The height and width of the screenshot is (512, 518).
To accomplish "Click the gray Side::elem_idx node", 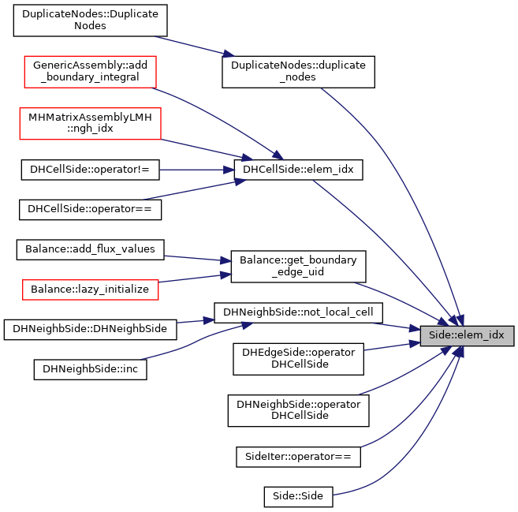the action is pyautogui.click(x=467, y=336).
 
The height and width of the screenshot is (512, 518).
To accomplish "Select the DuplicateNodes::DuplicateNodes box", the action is pyautogui.click(x=90, y=21).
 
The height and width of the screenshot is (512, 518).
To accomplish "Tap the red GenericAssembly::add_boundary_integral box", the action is pyautogui.click(x=90, y=72).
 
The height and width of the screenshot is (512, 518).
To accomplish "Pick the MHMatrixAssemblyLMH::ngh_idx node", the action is pyautogui.click(x=90, y=123).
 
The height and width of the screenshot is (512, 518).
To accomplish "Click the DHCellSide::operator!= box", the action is pyautogui.click(x=90, y=170).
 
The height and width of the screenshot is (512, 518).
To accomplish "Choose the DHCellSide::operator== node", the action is pyautogui.click(x=90, y=210).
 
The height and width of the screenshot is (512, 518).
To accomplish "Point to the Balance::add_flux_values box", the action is pyautogui.click(x=90, y=250).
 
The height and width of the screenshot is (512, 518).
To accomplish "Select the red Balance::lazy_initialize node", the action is pyautogui.click(x=90, y=290).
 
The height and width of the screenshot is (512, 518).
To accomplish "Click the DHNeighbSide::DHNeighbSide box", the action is pyautogui.click(x=90, y=330).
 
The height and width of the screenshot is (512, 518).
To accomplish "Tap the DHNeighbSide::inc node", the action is pyautogui.click(x=90, y=369).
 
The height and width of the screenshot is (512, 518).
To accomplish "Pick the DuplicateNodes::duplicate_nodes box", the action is pyautogui.click(x=298, y=72).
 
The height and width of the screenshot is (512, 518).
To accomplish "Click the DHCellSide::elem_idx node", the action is pyautogui.click(x=298, y=170).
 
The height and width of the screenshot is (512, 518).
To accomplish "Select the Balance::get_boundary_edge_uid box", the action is pyautogui.click(x=298, y=267).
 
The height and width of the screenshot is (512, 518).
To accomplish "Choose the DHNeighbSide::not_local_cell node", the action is pyautogui.click(x=298, y=313).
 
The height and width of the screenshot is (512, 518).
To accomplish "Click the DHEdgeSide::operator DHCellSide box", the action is pyautogui.click(x=298, y=359).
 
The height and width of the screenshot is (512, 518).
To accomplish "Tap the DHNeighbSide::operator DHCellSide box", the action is pyautogui.click(x=298, y=410).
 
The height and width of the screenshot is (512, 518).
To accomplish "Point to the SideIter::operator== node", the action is pyautogui.click(x=298, y=457).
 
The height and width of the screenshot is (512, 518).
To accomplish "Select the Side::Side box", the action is pyautogui.click(x=298, y=497).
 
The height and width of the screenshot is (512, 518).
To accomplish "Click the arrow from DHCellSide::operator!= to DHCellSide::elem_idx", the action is pyautogui.click(x=196, y=170).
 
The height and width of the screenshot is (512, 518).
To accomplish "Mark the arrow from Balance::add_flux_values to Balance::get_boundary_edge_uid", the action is pyautogui.click(x=197, y=259).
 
